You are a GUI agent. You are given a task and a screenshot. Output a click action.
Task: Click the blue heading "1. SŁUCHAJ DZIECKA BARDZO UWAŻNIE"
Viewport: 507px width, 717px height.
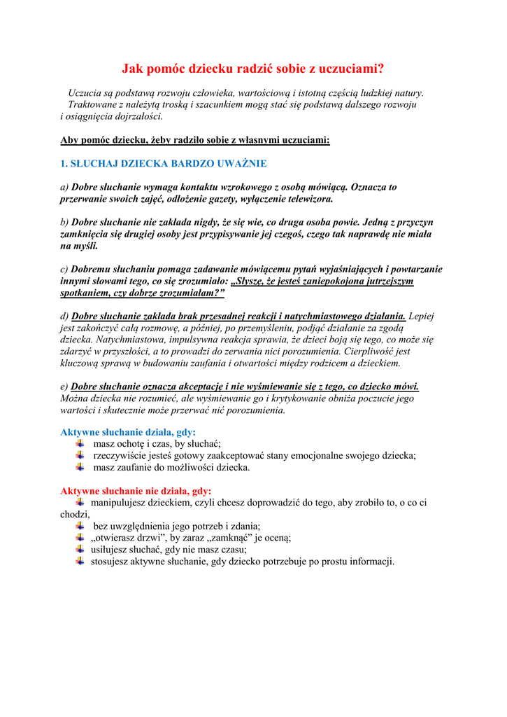[164, 164]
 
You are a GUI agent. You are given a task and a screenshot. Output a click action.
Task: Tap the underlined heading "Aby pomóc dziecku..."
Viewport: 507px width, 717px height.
[195, 140]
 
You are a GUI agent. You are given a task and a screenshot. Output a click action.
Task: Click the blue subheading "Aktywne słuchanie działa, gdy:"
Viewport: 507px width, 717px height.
[128, 432]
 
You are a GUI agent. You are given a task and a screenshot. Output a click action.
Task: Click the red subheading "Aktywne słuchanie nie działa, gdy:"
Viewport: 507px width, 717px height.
[136, 491]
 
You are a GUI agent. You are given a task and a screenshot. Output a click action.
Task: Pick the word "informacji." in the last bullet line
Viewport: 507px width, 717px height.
[370, 562]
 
